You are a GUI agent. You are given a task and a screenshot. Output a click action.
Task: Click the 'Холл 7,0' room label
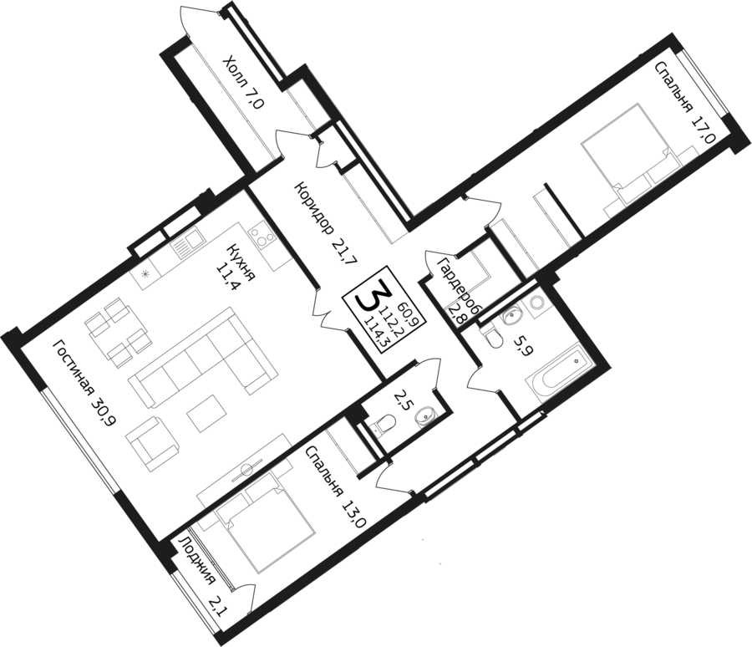[244, 82]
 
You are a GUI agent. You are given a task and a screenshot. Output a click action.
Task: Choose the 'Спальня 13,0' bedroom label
[337, 487]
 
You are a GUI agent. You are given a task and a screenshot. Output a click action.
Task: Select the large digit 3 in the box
[371, 298]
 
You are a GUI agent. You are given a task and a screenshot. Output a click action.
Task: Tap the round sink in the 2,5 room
[424, 416]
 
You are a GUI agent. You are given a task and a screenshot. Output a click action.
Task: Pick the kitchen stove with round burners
[262, 237]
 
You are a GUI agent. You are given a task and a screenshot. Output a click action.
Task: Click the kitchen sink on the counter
[188, 244]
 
